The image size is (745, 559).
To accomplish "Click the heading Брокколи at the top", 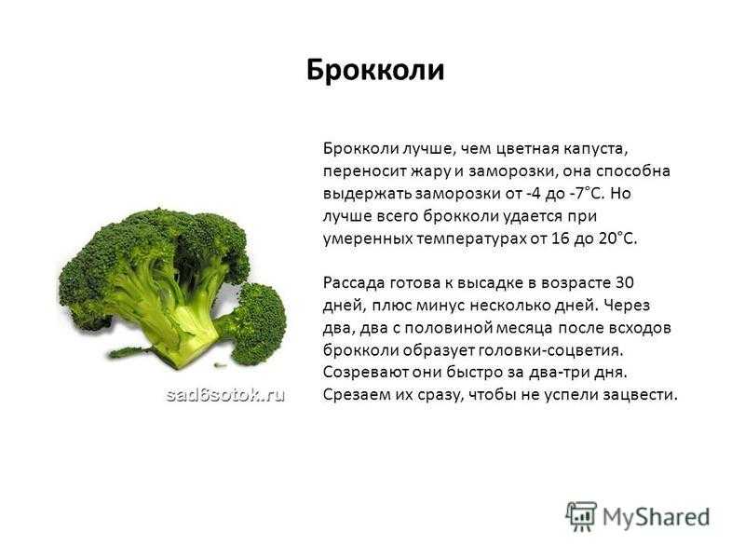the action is pyautogui.click(x=375, y=70).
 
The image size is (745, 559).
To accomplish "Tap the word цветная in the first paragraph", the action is pyautogui.click(x=527, y=149).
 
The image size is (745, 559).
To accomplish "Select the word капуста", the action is pyautogui.click(x=596, y=150).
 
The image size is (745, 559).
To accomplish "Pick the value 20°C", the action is pyautogui.click(x=617, y=239).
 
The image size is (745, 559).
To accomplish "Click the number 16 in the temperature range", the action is pyautogui.click(x=561, y=239).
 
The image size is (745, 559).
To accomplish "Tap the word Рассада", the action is pyautogui.click(x=354, y=283).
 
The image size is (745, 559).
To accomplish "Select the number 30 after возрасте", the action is pyautogui.click(x=624, y=283).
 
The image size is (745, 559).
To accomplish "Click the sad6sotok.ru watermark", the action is pyautogui.click(x=225, y=394).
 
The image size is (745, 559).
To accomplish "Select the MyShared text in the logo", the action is pyautogui.click(x=657, y=517).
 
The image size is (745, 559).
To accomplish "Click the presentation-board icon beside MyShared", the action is pyautogui.click(x=581, y=516).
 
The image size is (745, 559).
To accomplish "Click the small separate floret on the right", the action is pyautogui.click(x=257, y=323).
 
